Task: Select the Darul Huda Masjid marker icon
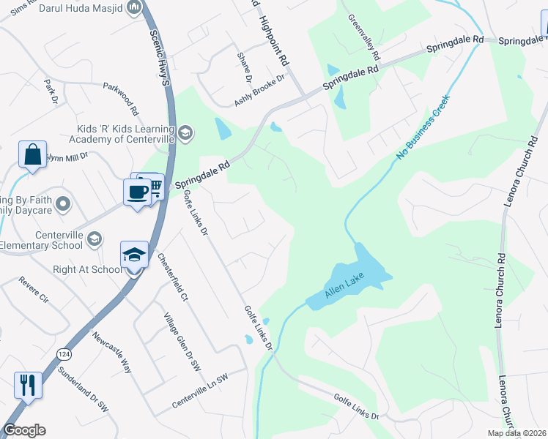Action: point(134,8)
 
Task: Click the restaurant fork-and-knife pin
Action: point(28,385)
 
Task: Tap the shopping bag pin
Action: point(32,155)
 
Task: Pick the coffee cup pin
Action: point(137,192)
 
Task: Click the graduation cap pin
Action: point(134,255)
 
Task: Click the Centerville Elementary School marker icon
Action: point(94,239)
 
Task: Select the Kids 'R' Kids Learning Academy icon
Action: point(185,132)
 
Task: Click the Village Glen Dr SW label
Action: point(176,331)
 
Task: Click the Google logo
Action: point(24,430)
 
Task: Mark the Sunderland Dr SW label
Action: point(84,403)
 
